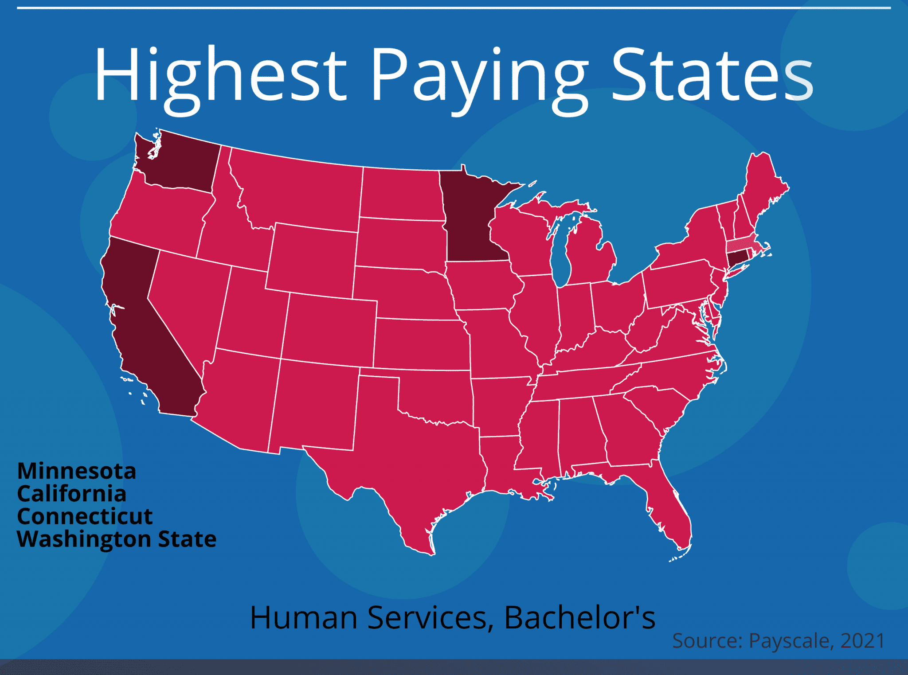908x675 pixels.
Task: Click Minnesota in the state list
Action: tap(77, 471)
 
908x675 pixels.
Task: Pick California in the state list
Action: tap(72, 493)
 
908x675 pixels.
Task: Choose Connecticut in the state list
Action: tap(85, 516)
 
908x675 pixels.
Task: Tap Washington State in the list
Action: tap(117, 539)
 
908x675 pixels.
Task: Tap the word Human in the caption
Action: tap(304, 617)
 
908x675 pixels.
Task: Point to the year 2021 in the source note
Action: tap(862, 641)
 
